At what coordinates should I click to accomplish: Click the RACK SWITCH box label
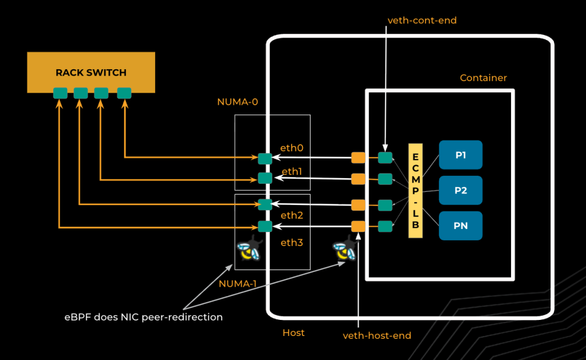point(91,73)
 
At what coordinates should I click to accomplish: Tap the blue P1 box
point(461,155)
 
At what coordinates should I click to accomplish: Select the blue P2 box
point(461,191)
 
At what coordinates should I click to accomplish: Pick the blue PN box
point(461,226)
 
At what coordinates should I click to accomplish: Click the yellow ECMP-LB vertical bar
point(415,191)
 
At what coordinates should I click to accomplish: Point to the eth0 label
point(292,148)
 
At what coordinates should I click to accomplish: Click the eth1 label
point(292,171)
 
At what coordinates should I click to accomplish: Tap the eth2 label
point(292,215)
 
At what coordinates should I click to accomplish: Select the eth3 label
point(292,243)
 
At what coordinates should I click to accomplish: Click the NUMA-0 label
point(237,102)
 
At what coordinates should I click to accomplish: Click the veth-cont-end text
point(422,20)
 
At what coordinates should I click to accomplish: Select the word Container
point(483,78)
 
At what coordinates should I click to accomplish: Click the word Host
point(293,333)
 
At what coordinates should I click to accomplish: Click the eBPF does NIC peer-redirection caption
point(143,317)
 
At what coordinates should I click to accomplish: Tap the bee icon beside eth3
point(249,250)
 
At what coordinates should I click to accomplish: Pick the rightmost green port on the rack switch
point(124,92)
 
